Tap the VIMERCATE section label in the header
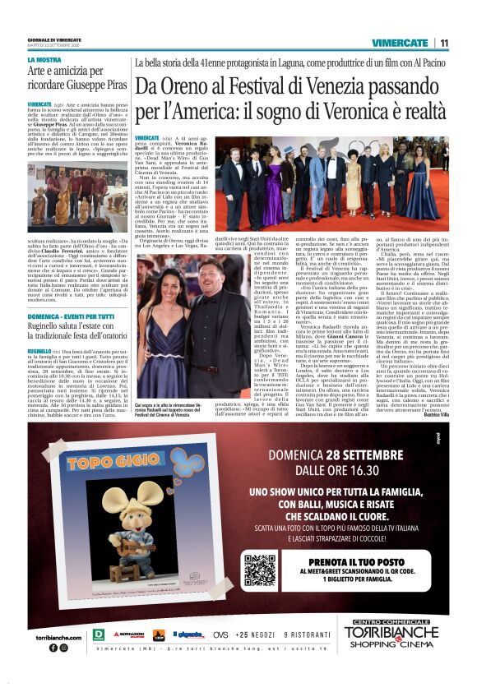[400, 43]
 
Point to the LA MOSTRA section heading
[44, 60]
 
